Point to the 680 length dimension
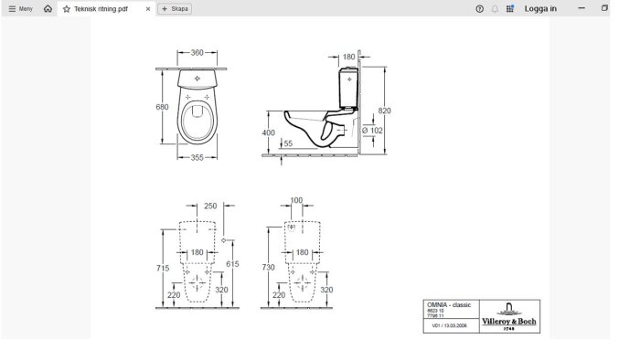click(163, 107)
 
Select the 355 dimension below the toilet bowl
click(197, 157)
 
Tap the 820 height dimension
click(385, 110)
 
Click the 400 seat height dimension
click(268, 132)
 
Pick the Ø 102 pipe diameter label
click(372, 130)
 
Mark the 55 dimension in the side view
click(288, 143)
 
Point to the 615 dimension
click(232, 263)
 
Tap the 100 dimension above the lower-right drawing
click(295, 200)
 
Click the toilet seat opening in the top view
click(197, 117)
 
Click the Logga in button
click(540, 8)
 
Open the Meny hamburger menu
click(19, 8)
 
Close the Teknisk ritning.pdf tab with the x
click(148, 8)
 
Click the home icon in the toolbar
click(48, 8)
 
